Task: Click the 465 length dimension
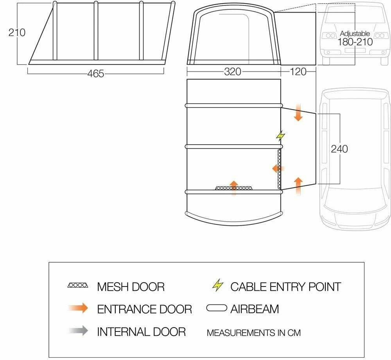click(96, 73)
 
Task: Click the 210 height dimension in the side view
click(17, 32)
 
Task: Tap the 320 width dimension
click(233, 72)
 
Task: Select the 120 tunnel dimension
click(298, 72)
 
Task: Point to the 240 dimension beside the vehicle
click(339, 149)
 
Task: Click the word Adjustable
click(355, 34)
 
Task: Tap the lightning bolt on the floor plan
click(280, 136)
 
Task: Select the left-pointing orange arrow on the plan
click(278, 168)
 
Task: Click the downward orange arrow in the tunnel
click(298, 112)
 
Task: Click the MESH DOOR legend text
click(131, 287)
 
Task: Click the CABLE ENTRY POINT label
click(285, 287)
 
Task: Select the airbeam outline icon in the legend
click(217, 308)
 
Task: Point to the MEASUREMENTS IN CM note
click(254, 333)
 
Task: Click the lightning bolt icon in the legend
click(217, 286)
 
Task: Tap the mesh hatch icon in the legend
click(78, 286)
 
